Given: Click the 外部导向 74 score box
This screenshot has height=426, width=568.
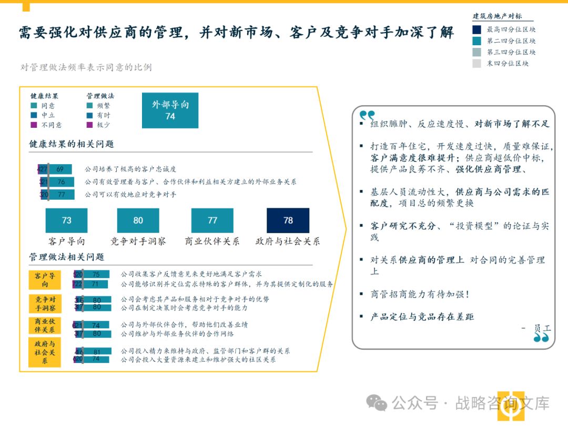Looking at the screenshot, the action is coord(170,110).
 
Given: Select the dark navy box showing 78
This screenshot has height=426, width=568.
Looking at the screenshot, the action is coord(288,220).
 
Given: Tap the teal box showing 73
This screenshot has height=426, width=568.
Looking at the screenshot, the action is coord(66,220).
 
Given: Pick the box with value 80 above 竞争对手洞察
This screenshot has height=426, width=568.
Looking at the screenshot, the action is coord(138,220).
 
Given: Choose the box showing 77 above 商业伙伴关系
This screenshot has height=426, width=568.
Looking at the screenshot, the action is coord(212,220).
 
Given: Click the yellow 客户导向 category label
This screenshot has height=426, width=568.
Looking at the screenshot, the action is coord(45,280).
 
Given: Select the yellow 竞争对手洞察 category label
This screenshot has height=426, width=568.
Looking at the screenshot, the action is coord(45,303).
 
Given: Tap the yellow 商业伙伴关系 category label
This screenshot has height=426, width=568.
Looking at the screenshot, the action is coord(45,326).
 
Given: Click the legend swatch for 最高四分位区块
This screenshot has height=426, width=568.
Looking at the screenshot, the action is coord(476,30).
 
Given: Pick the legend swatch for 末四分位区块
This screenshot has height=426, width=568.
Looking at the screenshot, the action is coord(476,64).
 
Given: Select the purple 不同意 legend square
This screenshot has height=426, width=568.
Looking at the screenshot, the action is coord(34,125).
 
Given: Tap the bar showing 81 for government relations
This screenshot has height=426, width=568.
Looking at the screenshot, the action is coord(97,351).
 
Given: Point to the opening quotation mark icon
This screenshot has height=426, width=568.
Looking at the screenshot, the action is coord(367,115).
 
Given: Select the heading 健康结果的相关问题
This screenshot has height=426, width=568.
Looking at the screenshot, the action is coord(72,144).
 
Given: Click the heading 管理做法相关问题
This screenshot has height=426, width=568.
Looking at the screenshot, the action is coord(67,257).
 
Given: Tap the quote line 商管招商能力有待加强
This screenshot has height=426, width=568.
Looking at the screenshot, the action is coord(419,295).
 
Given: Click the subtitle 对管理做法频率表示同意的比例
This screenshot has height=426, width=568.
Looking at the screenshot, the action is coord(86,67).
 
